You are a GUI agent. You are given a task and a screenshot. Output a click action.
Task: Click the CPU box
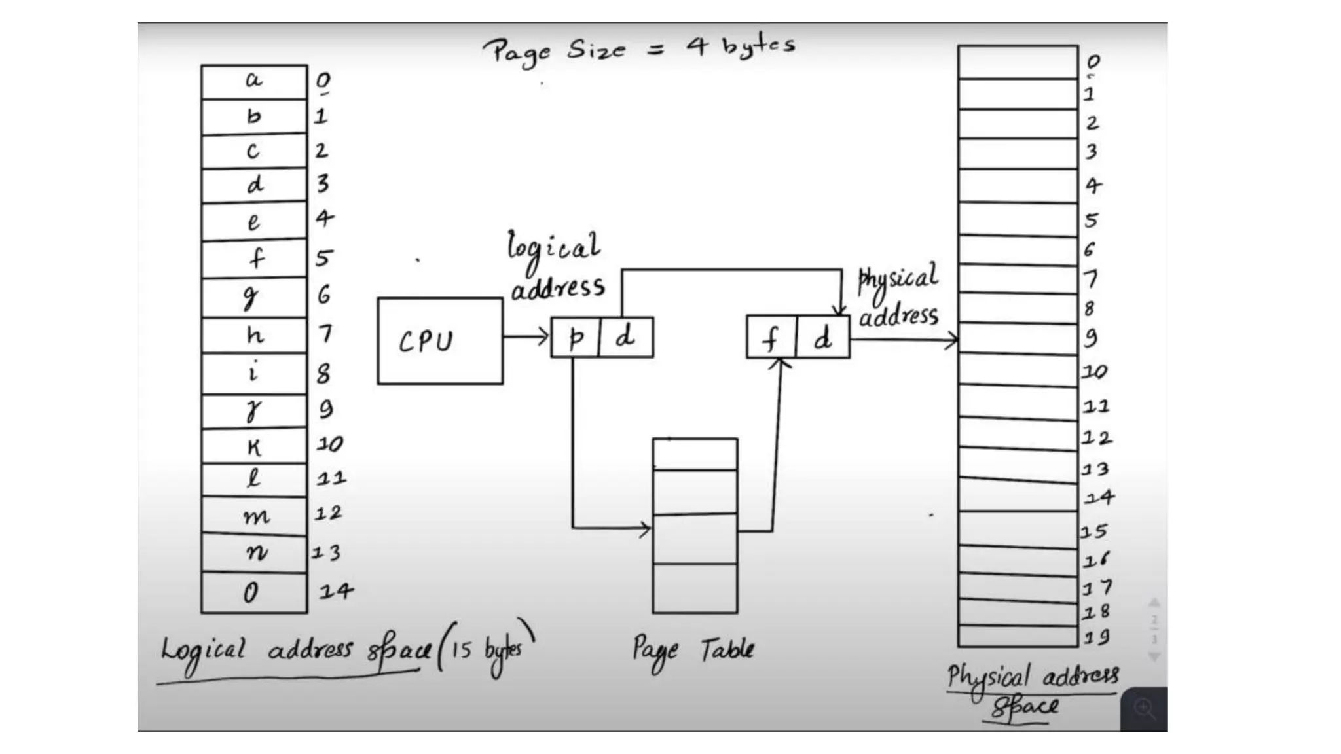coord(440,341)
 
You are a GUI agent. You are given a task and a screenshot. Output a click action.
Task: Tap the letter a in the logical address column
coord(253,81)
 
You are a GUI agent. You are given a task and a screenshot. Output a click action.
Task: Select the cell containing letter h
coord(254,336)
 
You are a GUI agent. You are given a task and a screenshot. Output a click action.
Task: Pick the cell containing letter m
coord(255,516)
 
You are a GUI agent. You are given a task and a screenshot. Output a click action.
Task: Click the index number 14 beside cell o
coord(336,592)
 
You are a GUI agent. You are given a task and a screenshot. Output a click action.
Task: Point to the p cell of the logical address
coord(575,338)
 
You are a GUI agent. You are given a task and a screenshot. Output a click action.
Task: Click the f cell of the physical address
coord(771,338)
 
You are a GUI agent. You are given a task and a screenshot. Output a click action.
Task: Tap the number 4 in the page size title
coord(697,46)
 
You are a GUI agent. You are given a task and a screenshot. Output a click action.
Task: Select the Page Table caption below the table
coord(693,650)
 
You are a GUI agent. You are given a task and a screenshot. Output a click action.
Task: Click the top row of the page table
coord(695,454)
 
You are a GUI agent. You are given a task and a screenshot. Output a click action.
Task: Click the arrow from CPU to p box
coord(526,337)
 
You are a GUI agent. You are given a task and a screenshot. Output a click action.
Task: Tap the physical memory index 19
coord(1095,636)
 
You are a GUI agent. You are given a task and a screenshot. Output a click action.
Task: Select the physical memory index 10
coord(1094,372)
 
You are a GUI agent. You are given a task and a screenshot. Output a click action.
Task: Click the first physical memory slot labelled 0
coord(1018,62)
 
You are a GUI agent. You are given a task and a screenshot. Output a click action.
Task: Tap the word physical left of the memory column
coord(898,279)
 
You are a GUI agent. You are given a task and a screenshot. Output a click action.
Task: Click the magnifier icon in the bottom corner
coord(1145,708)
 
